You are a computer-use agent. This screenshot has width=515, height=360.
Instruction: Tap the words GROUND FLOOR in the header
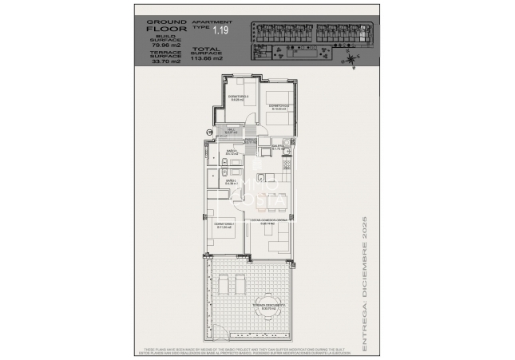(166, 26)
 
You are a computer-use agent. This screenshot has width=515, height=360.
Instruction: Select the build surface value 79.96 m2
(166, 45)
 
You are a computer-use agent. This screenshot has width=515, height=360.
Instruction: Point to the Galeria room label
(279, 147)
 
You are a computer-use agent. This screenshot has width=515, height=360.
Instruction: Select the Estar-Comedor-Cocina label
(269, 221)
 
